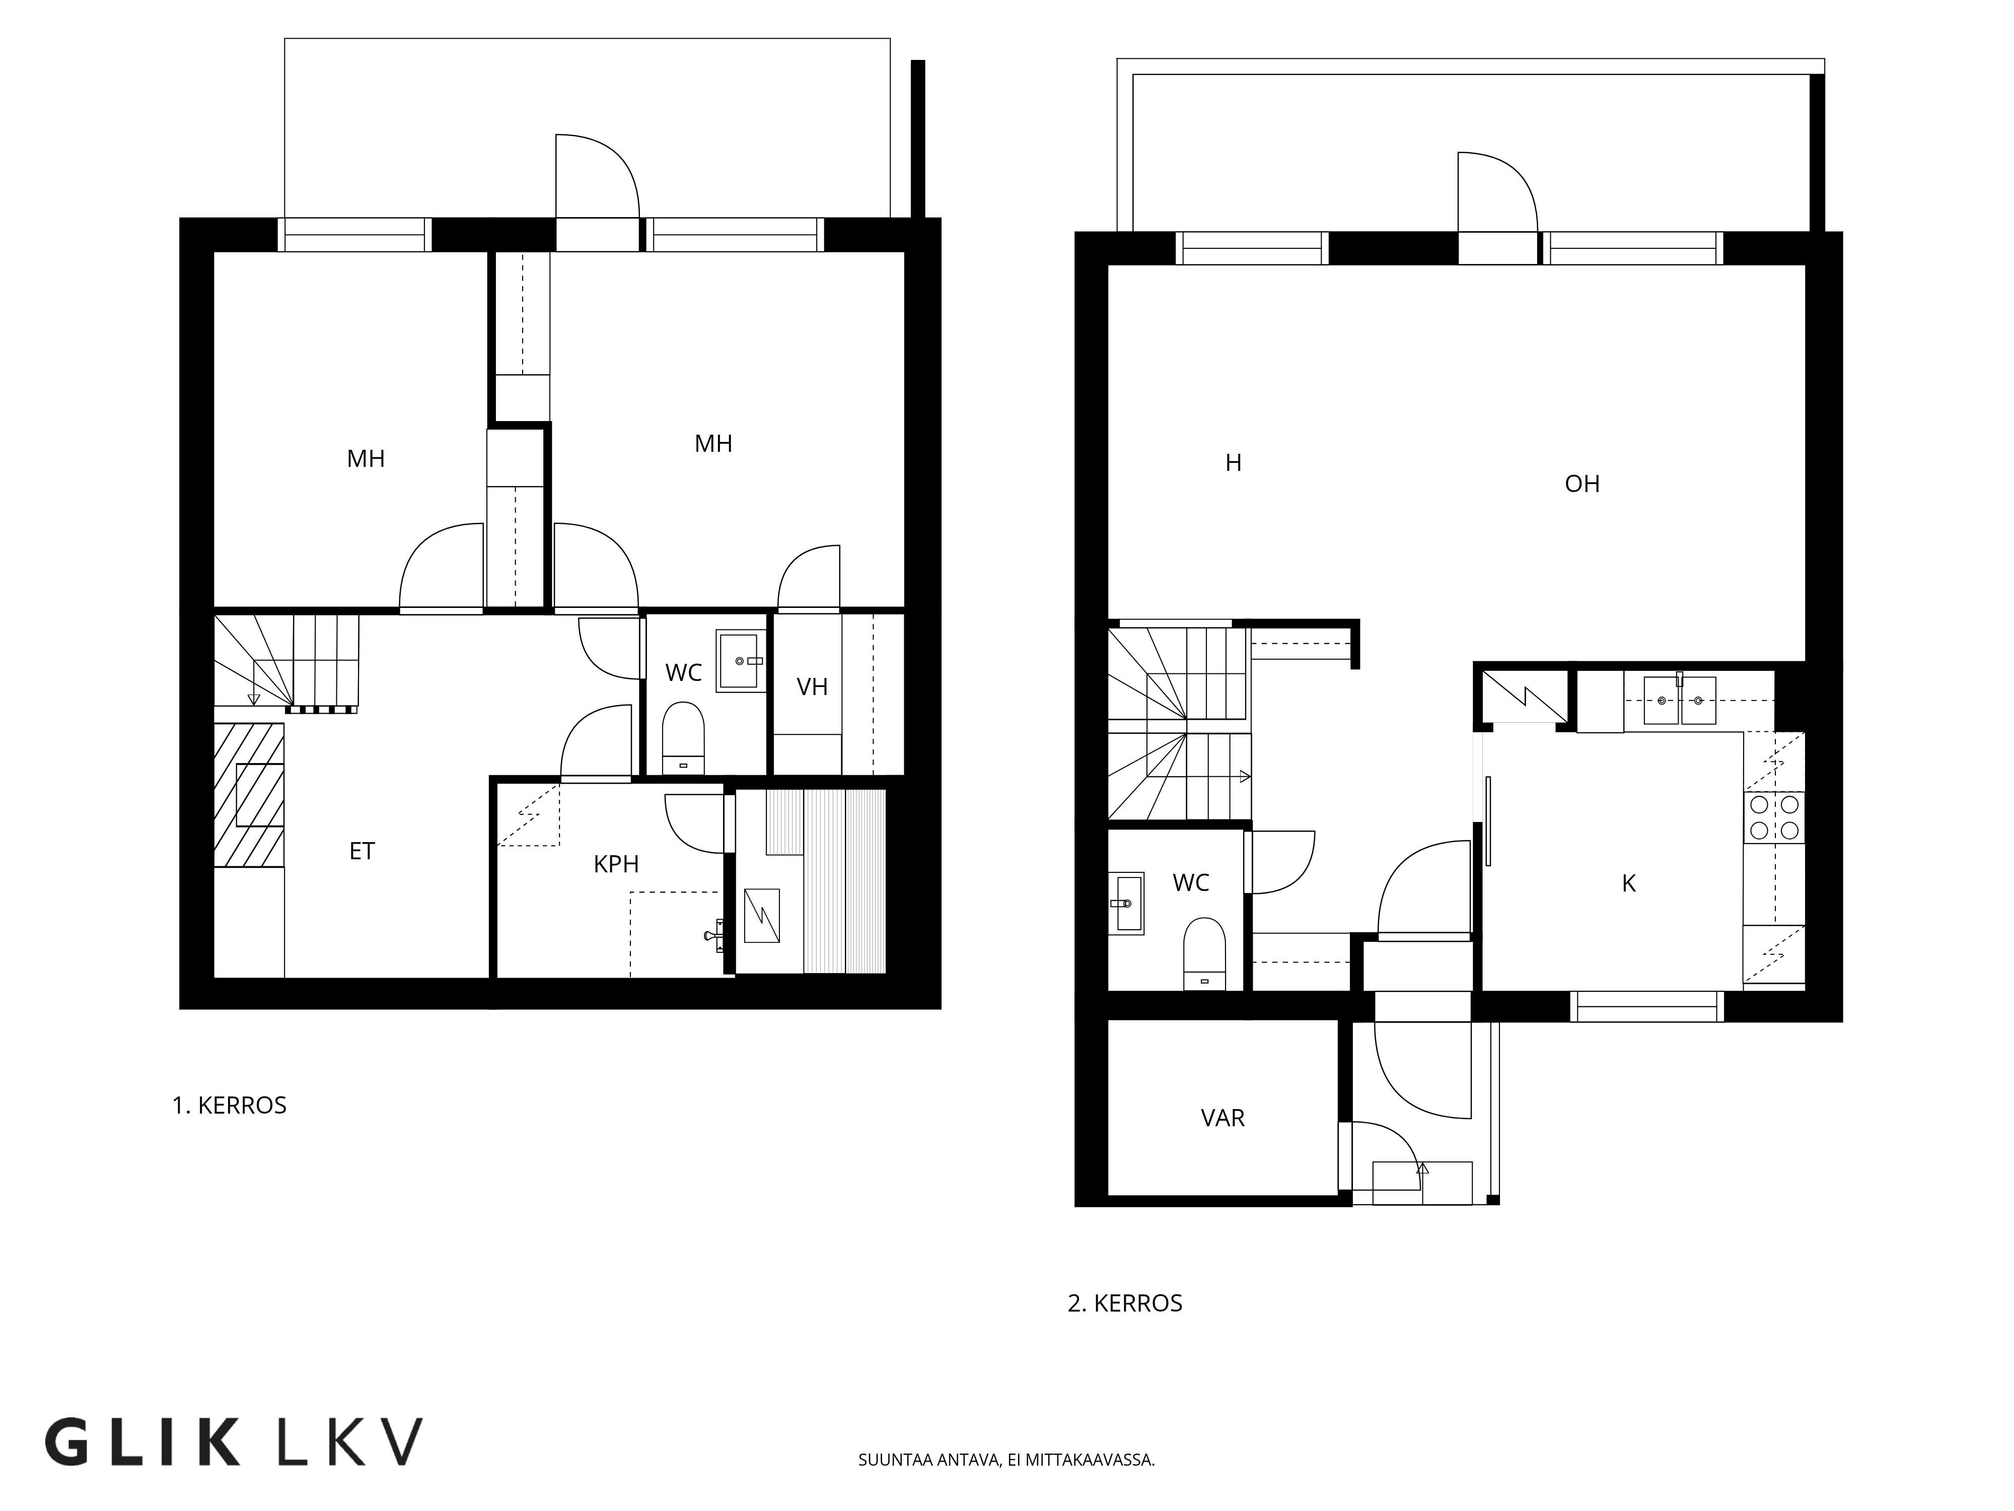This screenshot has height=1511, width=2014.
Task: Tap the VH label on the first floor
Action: [x=812, y=686]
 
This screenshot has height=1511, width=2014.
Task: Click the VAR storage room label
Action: [x=1223, y=1118]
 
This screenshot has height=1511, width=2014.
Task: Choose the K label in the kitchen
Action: [x=1629, y=882]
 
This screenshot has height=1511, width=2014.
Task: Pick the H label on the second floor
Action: [x=1233, y=463]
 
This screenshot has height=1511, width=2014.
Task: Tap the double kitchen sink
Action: [x=1680, y=701]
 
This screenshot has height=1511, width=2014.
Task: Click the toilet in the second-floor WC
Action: [x=1204, y=953]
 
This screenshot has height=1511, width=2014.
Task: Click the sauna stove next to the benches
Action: [x=762, y=915]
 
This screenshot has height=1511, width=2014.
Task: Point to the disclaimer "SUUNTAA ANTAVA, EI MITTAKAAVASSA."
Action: [x=1006, y=1460]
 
